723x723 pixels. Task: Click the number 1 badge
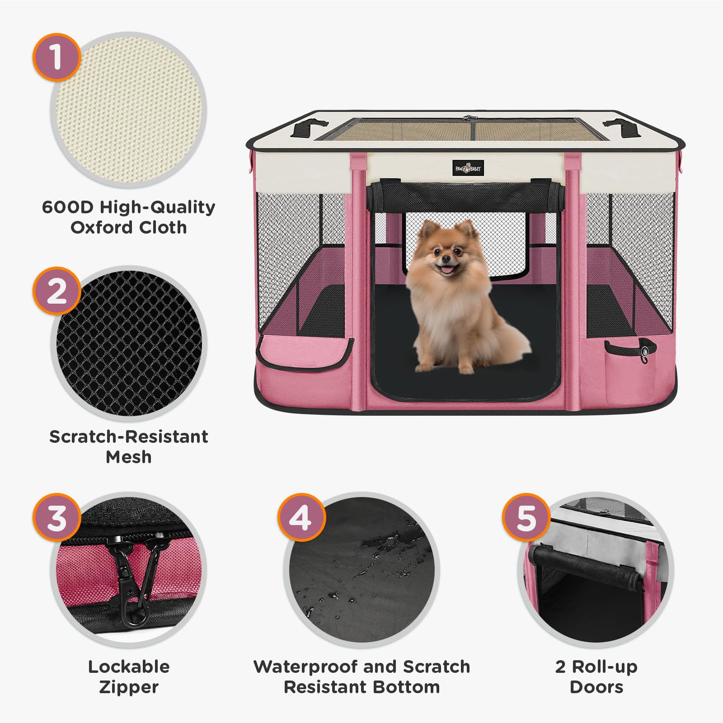click(x=56, y=57)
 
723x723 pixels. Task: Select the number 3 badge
click(x=56, y=517)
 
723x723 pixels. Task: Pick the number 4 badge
click(x=300, y=517)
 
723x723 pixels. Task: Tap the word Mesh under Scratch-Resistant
click(x=128, y=457)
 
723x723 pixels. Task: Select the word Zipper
click(x=128, y=687)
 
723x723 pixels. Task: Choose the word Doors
click(x=596, y=687)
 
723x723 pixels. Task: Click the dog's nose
click(x=446, y=259)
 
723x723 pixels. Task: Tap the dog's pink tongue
click(x=446, y=270)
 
